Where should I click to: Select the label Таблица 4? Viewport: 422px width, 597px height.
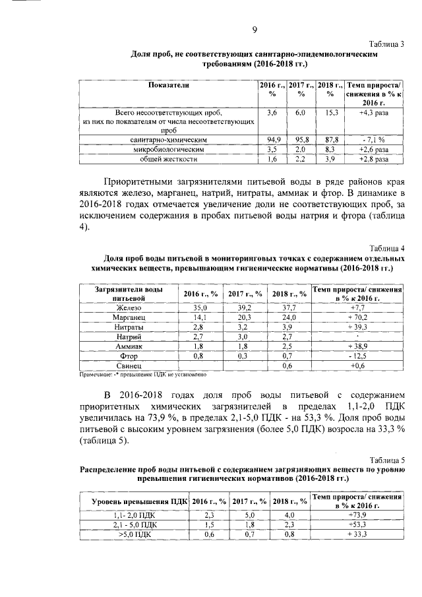tap(386, 249)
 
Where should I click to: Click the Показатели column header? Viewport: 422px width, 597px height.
tap(169, 86)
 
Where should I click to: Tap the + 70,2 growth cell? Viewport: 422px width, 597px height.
tap(357, 317)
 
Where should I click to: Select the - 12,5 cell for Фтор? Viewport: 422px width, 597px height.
tap(357, 355)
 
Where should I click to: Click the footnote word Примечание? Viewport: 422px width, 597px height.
tap(96, 374)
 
